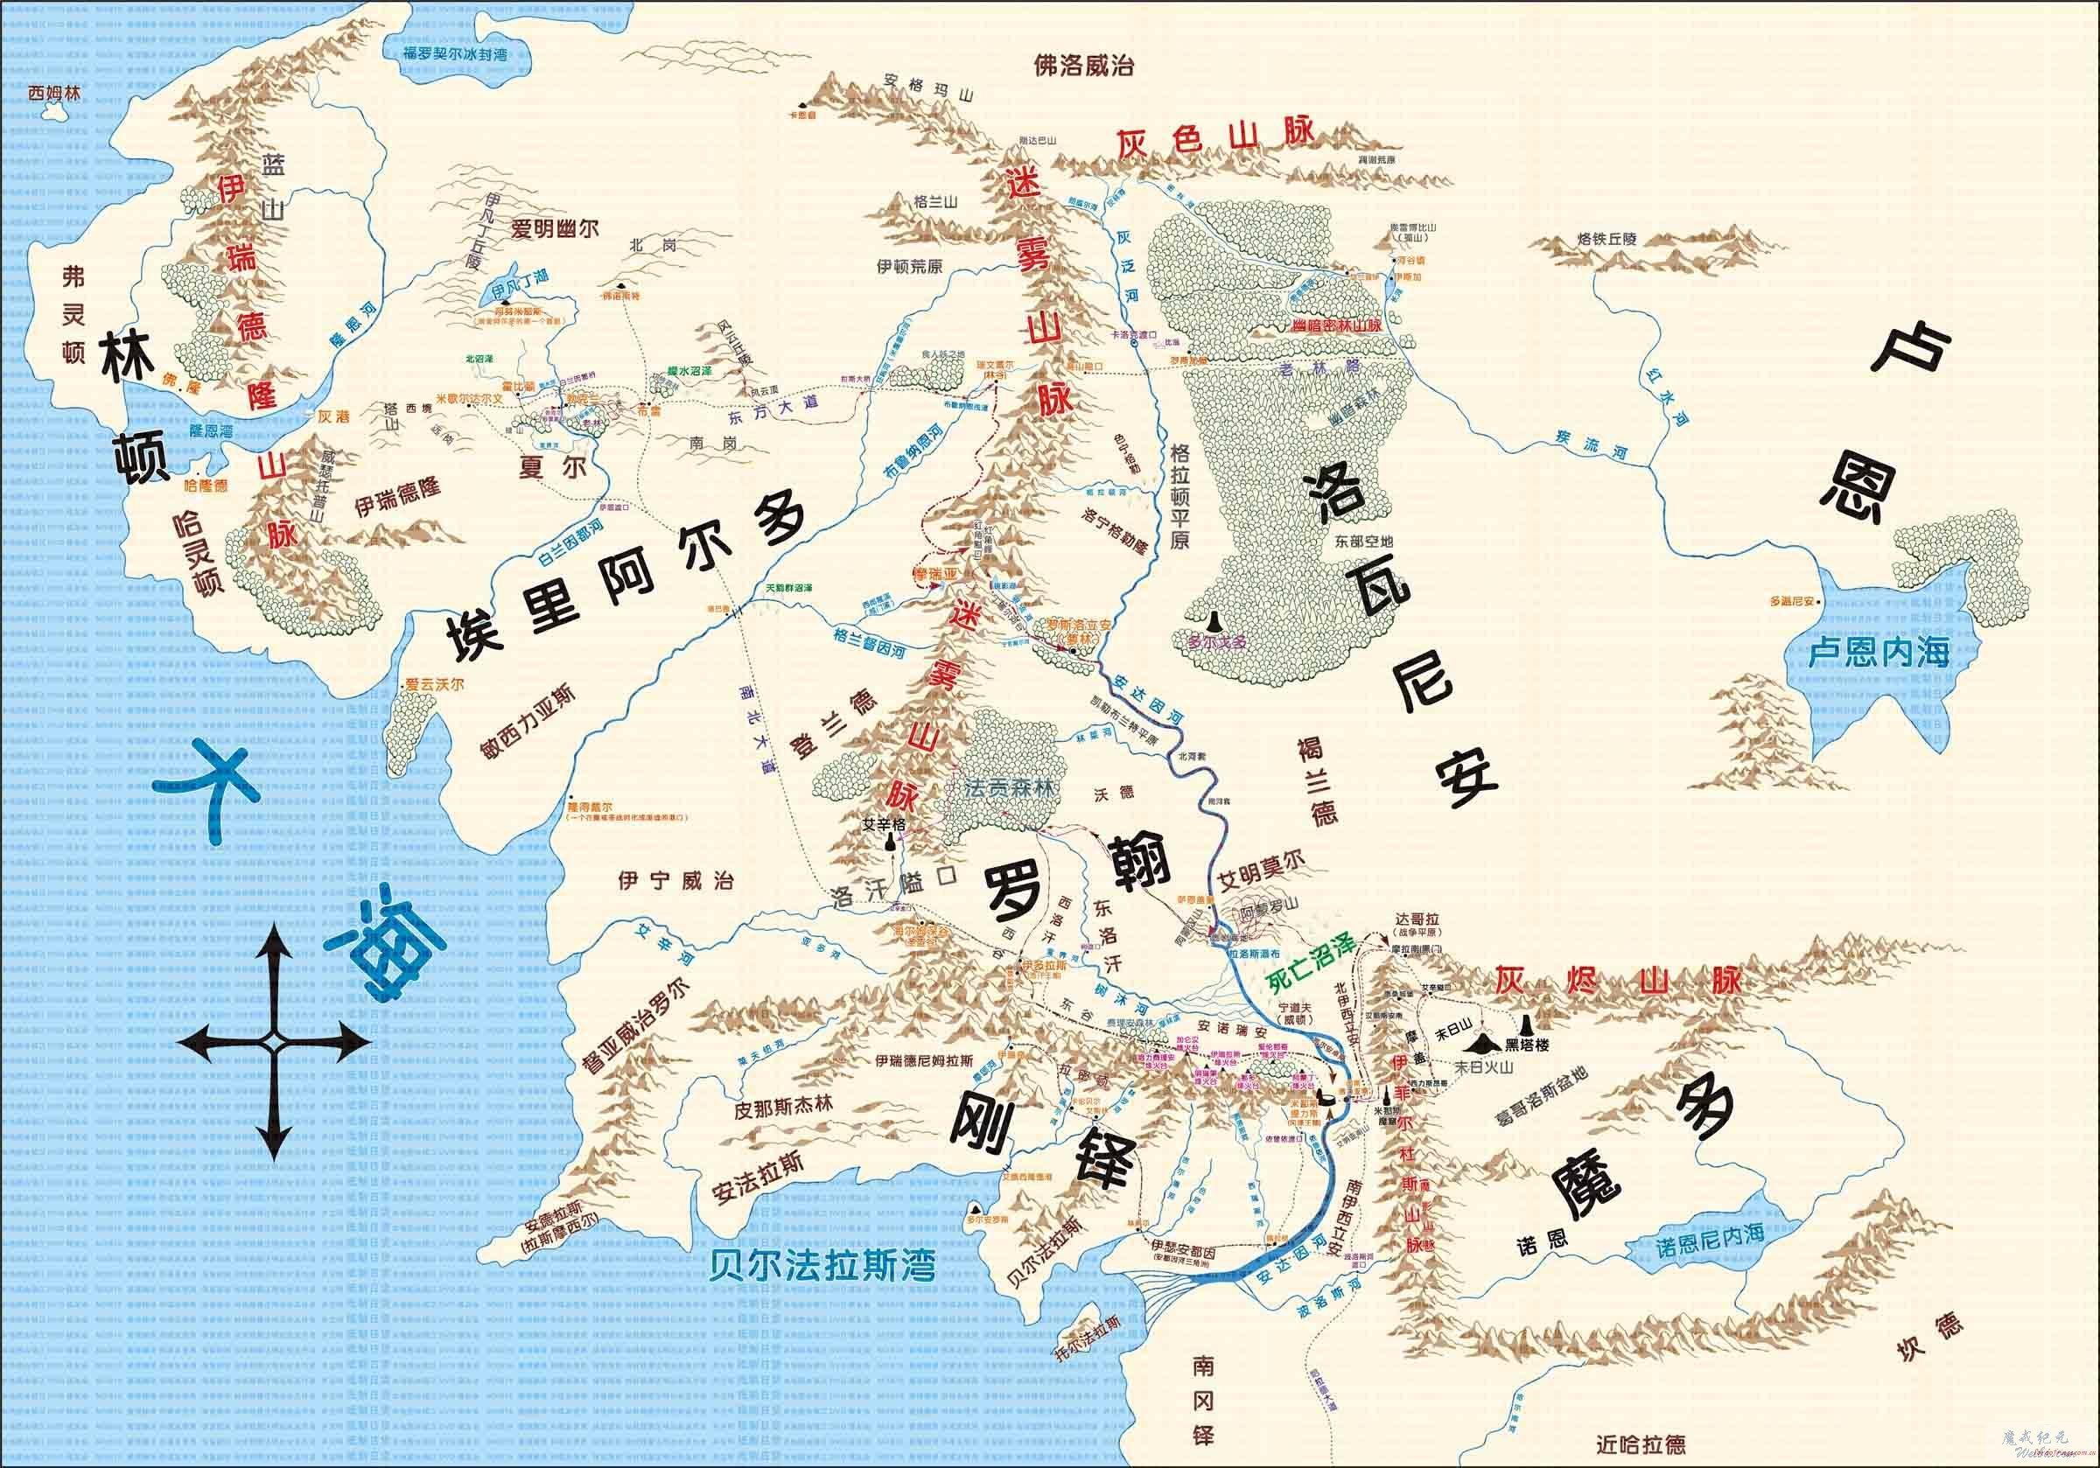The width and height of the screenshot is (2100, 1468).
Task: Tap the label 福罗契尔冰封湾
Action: [x=455, y=54]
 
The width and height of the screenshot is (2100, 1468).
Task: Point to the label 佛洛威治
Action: [x=1084, y=66]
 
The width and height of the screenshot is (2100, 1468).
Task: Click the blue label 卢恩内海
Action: [x=1879, y=652]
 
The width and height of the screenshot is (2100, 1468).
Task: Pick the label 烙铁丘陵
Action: [x=1607, y=240]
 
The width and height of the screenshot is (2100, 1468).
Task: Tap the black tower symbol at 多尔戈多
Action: [x=1214, y=622]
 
